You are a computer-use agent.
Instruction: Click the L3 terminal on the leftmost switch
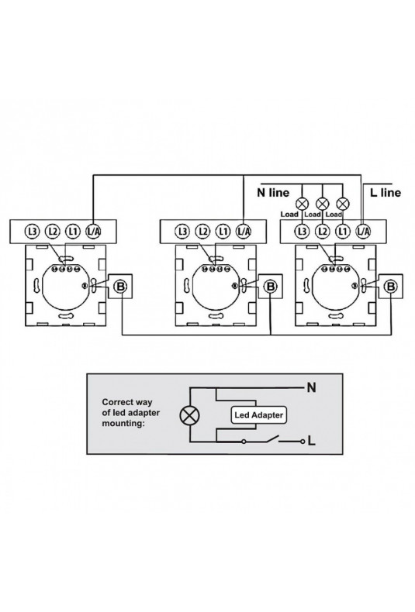tap(32, 232)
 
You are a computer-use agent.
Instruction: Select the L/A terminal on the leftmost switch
tap(92, 232)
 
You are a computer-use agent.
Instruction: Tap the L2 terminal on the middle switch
tap(202, 232)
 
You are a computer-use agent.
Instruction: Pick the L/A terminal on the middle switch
tap(243, 232)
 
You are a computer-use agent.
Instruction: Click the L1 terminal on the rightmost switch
tap(343, 232)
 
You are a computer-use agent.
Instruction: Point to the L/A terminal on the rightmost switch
tap(363, 232)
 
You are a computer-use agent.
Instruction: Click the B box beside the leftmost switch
tap(120, 287)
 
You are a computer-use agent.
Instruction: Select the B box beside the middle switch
tap(271, 287)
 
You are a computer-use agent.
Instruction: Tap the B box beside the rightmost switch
tap(390, 287)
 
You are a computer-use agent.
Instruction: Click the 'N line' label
tap(273, 192)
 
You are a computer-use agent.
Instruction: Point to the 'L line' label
tap(386, 192)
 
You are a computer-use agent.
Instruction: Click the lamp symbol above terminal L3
tap(302, 203)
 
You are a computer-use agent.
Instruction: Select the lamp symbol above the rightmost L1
tap(343, 203)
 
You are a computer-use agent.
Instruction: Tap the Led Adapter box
tap(258, 415)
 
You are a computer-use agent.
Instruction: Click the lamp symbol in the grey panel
tap(189, 415)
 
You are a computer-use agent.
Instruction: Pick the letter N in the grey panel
tap(312, 387)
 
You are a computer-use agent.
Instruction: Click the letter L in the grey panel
tap(312, 441)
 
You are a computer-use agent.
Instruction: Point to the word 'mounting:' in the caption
tap(123, 424)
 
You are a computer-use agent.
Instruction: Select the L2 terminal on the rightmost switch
tap(323, 232)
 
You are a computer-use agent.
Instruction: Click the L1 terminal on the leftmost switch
tap(72, 232)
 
